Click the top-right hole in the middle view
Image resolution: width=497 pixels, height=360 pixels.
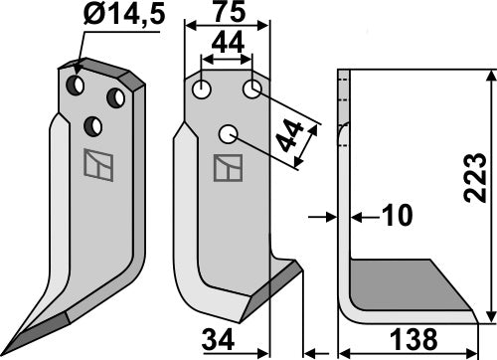point(251,90)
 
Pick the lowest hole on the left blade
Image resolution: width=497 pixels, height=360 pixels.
point(95,125)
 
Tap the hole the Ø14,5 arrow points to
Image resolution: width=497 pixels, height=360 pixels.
point(76,87)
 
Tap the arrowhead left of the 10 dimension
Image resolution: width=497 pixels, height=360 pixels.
point(329,215)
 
